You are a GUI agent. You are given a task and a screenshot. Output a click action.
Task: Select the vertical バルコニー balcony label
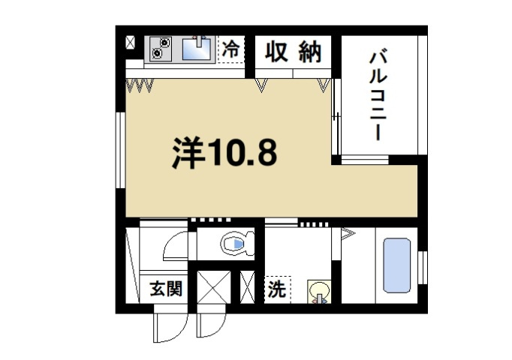tap(377, 94)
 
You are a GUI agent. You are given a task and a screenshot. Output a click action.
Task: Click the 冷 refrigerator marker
tap(231, 50)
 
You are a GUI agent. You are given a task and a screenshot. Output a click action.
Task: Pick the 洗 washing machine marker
tap(276, 289)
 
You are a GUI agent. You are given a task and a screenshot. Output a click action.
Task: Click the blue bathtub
tap(396, 265)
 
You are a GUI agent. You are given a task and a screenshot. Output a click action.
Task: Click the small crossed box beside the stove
tap(131, 42)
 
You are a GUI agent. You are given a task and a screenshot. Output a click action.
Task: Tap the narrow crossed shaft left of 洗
tap(247, 287)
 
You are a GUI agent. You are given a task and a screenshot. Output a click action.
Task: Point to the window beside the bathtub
tap(423, 267)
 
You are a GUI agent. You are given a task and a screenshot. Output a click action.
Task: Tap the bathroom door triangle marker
tap(347, 234)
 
